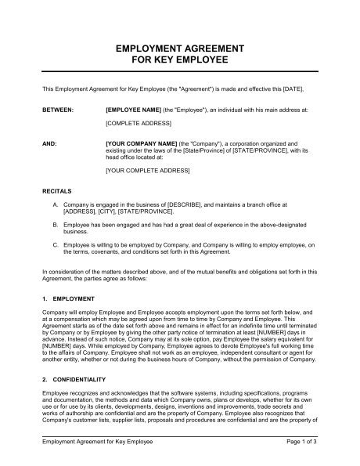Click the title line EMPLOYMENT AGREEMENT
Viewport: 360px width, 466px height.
179,49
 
